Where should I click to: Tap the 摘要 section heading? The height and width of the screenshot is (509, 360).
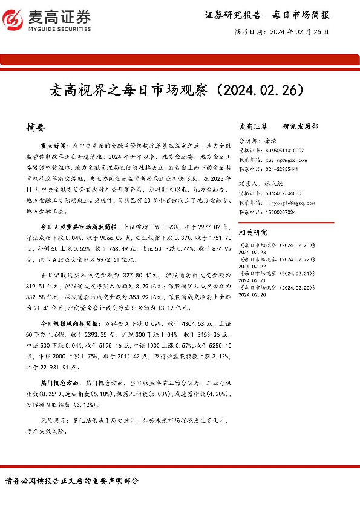tap(36, 128)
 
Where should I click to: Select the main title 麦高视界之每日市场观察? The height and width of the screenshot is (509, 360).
tap(131, 91)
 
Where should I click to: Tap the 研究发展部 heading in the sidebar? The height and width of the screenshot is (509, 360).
tap(300, 127)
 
